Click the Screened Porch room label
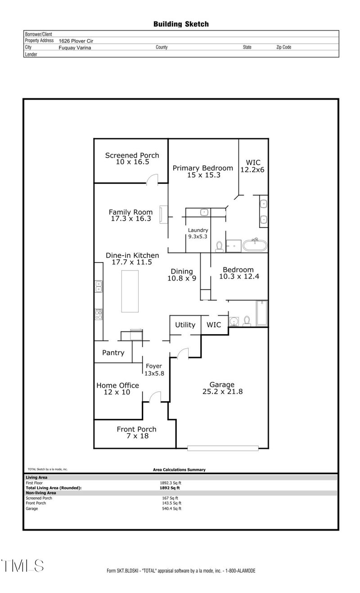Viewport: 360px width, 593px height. (132, 155)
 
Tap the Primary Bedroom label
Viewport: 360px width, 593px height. (203, 168)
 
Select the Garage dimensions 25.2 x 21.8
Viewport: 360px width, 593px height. (222, 392)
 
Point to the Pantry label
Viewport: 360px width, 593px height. (113, 353)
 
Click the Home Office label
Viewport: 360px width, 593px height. (117, 385)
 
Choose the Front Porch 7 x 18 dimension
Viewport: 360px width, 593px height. (136, 436)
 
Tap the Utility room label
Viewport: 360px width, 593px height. (185, 325)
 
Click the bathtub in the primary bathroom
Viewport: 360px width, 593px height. (255, 245)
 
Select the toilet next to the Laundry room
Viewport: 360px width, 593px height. (220, 246)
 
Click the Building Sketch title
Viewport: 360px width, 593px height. (181, 24)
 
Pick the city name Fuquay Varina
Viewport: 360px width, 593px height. (75, 47)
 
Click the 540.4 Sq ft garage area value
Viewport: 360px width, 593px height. (171, 509)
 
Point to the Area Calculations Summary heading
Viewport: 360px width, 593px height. (179, 470)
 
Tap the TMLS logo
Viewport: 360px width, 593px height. (22, 566)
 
